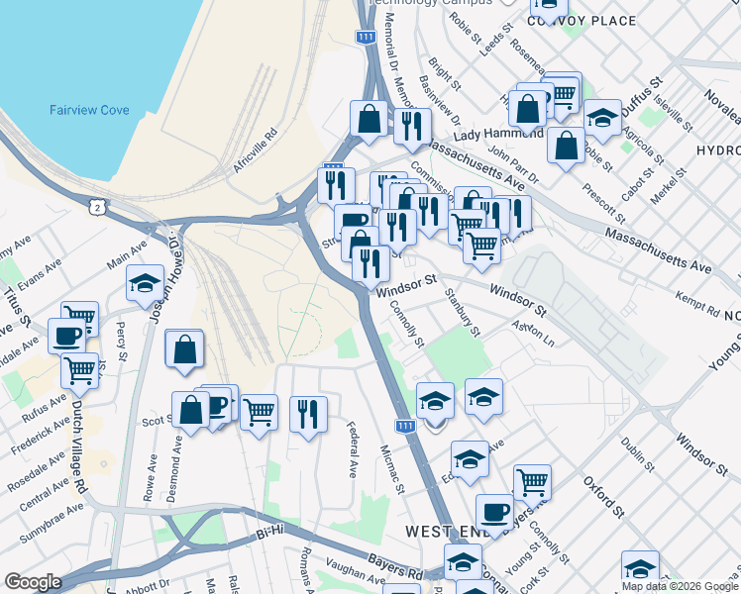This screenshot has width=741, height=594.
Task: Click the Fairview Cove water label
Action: pyautogui.click(x=89, y=110)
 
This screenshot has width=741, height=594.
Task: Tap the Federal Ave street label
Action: pyautogui.click(x=352, y=445)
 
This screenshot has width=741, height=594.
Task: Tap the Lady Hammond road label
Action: pyautogui.click(x=498, y=134)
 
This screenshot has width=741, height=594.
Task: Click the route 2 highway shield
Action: pyautogui.click(x=96, y=206)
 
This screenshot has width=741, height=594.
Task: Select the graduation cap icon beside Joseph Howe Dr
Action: pyautogui.click(x=145, y=283)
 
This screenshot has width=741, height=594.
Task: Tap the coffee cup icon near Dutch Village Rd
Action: pyautogui.click(x=66, y=336)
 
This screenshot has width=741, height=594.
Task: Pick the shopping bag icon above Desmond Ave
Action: pyautogui.click(x=184, y=349)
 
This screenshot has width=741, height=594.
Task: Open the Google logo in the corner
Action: pyautogui.click(x=33, y=582)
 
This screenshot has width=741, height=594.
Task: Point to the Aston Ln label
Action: pyautogui.click(x=534, y=333)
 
